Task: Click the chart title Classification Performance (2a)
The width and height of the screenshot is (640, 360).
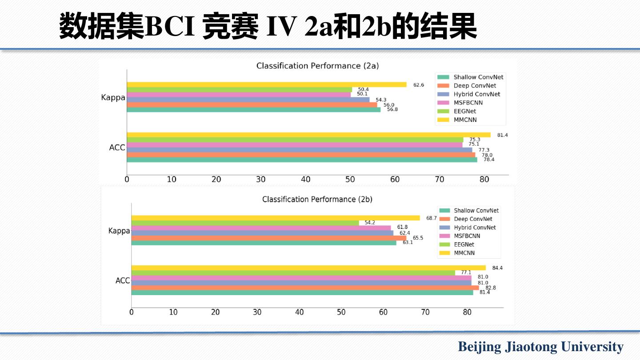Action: [317, 66]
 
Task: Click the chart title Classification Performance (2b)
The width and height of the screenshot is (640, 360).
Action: [317, 199]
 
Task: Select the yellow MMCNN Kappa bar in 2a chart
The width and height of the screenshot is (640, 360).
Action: [267, 84]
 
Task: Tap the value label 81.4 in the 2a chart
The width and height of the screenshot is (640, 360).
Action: [502, 135]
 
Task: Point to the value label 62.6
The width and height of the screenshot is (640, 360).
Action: [419, 85]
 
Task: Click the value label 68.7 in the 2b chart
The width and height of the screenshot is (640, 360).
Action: [432, 218]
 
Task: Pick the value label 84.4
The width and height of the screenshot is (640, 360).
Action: [497, 268]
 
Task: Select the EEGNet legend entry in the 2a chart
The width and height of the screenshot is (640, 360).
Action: [464, 111]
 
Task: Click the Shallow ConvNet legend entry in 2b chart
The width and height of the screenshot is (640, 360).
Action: [476, 211]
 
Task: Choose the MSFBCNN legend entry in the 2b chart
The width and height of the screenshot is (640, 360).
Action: [467, 236]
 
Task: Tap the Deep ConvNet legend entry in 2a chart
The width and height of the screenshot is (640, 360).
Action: [474, 86]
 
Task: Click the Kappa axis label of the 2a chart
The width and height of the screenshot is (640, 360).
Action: [113, 97]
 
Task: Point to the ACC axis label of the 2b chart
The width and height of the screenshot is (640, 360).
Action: [123, 280]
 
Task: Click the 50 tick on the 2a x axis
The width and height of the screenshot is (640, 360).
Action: [350, 180]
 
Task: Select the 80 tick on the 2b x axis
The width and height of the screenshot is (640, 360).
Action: [467, 312]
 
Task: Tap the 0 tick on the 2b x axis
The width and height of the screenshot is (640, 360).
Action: [132, 312]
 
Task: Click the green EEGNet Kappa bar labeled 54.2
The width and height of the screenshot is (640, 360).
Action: [245, 223]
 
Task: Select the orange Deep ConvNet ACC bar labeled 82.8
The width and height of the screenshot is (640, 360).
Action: [305, 288]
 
